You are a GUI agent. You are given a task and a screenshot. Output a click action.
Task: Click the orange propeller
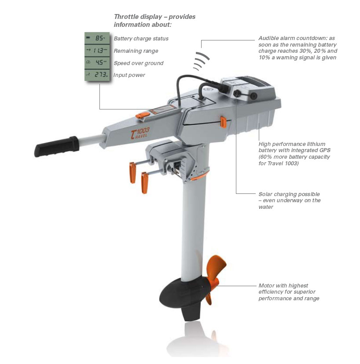point(215,276)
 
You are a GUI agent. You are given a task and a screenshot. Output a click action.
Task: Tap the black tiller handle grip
point(57,146)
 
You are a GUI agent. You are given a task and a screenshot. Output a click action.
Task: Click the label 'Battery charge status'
point(141,39)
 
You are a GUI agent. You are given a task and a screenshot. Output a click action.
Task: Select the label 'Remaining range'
point(136,51)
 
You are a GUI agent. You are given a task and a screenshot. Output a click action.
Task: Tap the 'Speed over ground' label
point(139,63)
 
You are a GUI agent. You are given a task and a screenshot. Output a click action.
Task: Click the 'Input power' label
point(129,75)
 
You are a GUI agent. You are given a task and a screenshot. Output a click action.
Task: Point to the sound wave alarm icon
point(202,61)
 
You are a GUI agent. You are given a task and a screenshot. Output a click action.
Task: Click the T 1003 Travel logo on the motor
point(140,133)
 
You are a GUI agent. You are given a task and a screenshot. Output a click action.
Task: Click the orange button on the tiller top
point(143,115)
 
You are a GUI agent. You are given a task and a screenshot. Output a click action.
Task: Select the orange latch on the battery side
point(223,122)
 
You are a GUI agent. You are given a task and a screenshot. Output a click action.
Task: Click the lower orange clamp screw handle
point(144,183)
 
